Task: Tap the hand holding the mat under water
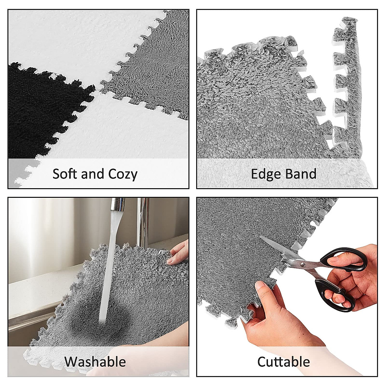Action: pyautogui.click(x=179, y=253)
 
